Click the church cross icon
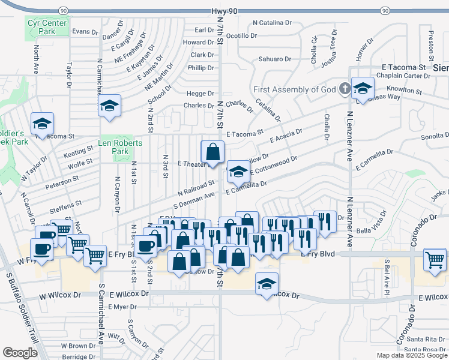coord(345,89)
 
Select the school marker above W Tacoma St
coord(43,124)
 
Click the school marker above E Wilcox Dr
coord(267,283)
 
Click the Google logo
coord(20,353)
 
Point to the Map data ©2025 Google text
coord(411,355)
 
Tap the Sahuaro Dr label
coord(274,59)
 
